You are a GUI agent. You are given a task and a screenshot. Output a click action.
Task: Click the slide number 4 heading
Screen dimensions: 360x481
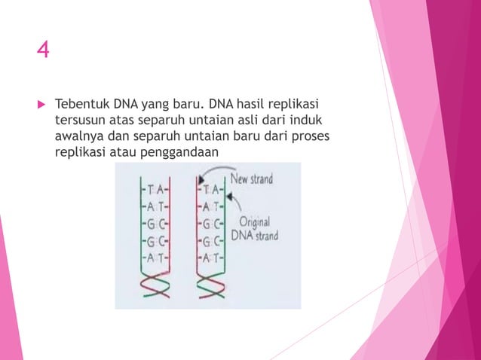click(x=44, y=50)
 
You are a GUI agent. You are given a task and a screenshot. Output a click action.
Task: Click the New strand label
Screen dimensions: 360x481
click(x=252, y=179)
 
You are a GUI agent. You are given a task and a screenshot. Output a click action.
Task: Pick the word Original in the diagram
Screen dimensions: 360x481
click(x=256, y=223)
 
